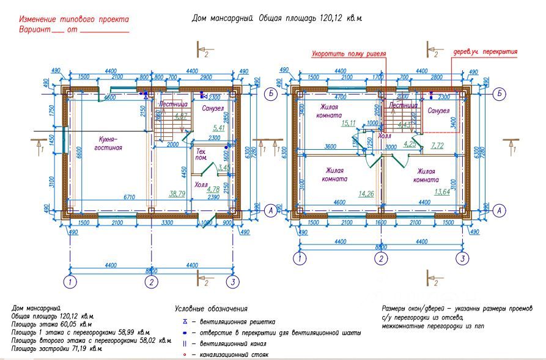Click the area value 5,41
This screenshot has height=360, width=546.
[218, 128]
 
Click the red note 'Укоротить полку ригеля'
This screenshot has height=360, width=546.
[349, 54]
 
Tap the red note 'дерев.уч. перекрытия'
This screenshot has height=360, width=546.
[484, 52]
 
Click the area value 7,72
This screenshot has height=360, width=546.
[437, 145]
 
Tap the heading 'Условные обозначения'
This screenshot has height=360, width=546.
[211, 309]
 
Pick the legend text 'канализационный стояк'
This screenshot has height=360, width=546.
[233, 354]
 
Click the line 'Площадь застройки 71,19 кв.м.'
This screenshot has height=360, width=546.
[56, 349]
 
